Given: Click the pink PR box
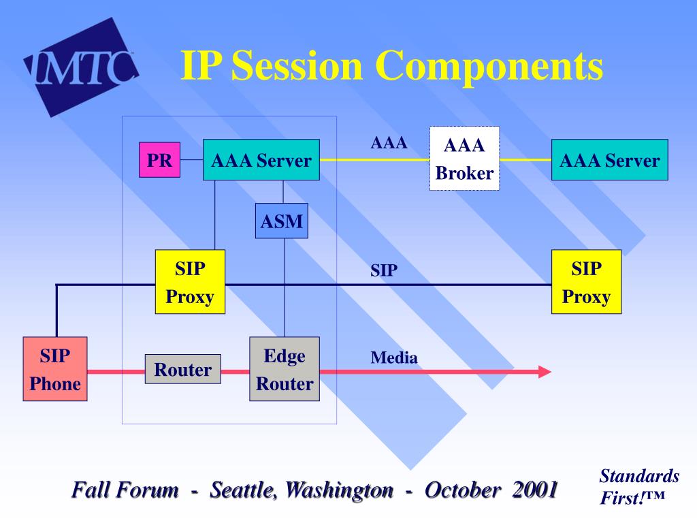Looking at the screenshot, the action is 159,159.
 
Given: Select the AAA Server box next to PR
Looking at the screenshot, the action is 261,159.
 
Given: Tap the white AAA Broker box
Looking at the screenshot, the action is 464,159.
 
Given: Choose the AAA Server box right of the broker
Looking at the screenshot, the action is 610,159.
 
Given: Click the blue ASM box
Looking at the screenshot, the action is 282,221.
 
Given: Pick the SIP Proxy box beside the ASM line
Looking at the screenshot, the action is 191,282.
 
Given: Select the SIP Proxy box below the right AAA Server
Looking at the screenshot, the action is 586,282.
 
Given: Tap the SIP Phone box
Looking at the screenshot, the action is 55,369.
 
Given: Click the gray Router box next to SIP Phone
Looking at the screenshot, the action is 183,369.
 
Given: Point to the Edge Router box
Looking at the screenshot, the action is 285,369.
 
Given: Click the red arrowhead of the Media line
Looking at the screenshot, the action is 545,372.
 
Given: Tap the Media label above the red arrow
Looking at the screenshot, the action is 394,358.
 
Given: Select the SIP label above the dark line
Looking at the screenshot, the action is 384,270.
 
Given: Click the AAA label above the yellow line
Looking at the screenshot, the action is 389,143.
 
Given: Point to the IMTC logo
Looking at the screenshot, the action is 81,67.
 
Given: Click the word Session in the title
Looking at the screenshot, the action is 297,66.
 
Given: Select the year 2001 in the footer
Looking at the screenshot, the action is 535,490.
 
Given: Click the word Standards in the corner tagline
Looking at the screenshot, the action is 639,476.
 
